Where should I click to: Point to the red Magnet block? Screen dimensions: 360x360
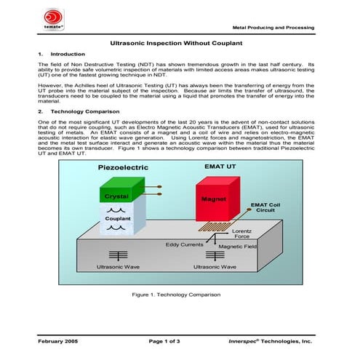pos(215,197)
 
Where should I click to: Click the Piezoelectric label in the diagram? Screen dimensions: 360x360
pos(123,167)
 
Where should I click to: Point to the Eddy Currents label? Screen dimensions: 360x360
pos(184,245)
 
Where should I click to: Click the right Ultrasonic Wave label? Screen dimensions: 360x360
pos(215,267)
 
